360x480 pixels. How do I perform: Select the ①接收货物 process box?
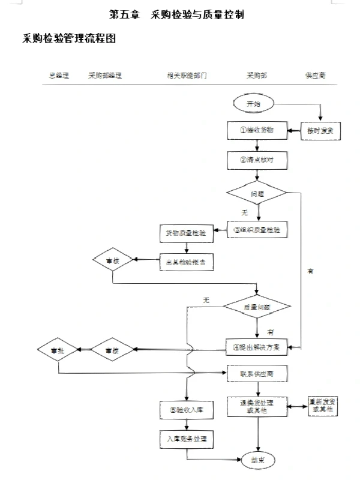coord(257,130)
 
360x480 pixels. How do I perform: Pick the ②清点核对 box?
coord(257,160)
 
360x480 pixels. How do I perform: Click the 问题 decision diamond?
coord(257,193)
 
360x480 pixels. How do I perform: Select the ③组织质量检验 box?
coord(257,230)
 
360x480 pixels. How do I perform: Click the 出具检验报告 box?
coord(186,261)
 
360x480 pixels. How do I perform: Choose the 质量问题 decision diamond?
coord(257,306)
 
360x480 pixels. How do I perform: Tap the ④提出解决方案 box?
coord(257,347)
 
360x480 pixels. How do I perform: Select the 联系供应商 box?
coord(257,373)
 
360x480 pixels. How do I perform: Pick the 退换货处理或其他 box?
coord(257,406)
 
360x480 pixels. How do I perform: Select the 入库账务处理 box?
coord(186,439)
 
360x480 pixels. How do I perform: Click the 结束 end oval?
coord(257,460)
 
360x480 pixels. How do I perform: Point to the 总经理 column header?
coord(59,76)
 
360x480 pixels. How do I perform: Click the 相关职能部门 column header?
coord(187,76)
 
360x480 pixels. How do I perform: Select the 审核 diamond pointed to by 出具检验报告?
coord(113,260)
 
